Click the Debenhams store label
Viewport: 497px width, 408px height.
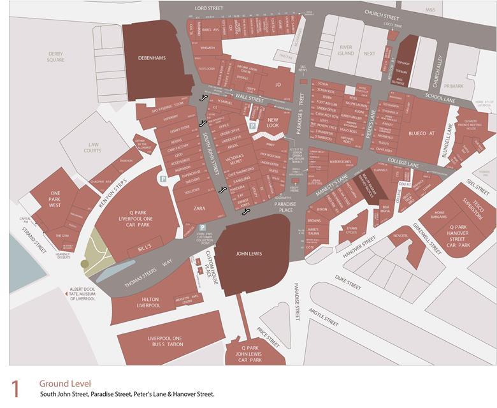[x=152, y=58]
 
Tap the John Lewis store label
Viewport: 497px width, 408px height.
[x=249, y=254]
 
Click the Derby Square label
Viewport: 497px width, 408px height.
[x=56, y=57]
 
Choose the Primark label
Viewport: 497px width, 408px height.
[x=453, y=85]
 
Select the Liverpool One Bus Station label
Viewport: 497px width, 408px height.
[x=165, y=341]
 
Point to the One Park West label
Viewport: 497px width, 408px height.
[x=55, y=200]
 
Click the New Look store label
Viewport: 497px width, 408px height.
[x=273, y=123]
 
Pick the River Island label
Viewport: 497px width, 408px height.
[x=346, y=50]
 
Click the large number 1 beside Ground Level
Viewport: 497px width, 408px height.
[x=17, y=389]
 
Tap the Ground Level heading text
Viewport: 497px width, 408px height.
[x=65, y=383]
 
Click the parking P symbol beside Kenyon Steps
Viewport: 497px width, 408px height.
[x=163, y=180]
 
